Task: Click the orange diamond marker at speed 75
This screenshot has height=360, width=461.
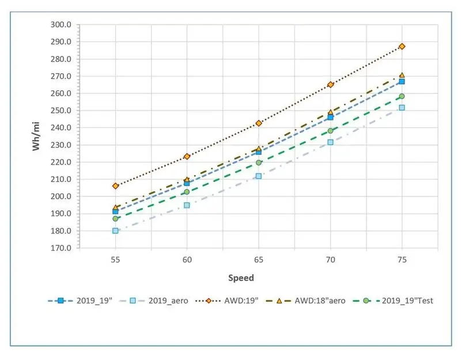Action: [x=402, y=47]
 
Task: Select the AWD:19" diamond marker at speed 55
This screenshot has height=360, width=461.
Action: [x=116, y=186]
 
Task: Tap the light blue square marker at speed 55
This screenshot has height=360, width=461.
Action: [x=116, y=230]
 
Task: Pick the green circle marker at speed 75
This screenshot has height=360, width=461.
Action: [x=402, y=97]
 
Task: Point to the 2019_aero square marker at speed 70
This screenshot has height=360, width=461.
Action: [x=330, y=142]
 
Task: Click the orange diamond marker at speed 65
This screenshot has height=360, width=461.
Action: [x=259, y=123]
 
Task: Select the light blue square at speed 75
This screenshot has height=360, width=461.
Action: [x=402, y=108]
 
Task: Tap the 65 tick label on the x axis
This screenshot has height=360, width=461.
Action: [x=259, y=260]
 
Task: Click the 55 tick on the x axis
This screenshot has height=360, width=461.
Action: [x=116, y=260]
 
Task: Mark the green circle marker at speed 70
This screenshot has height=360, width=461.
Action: [x=330, y=131]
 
